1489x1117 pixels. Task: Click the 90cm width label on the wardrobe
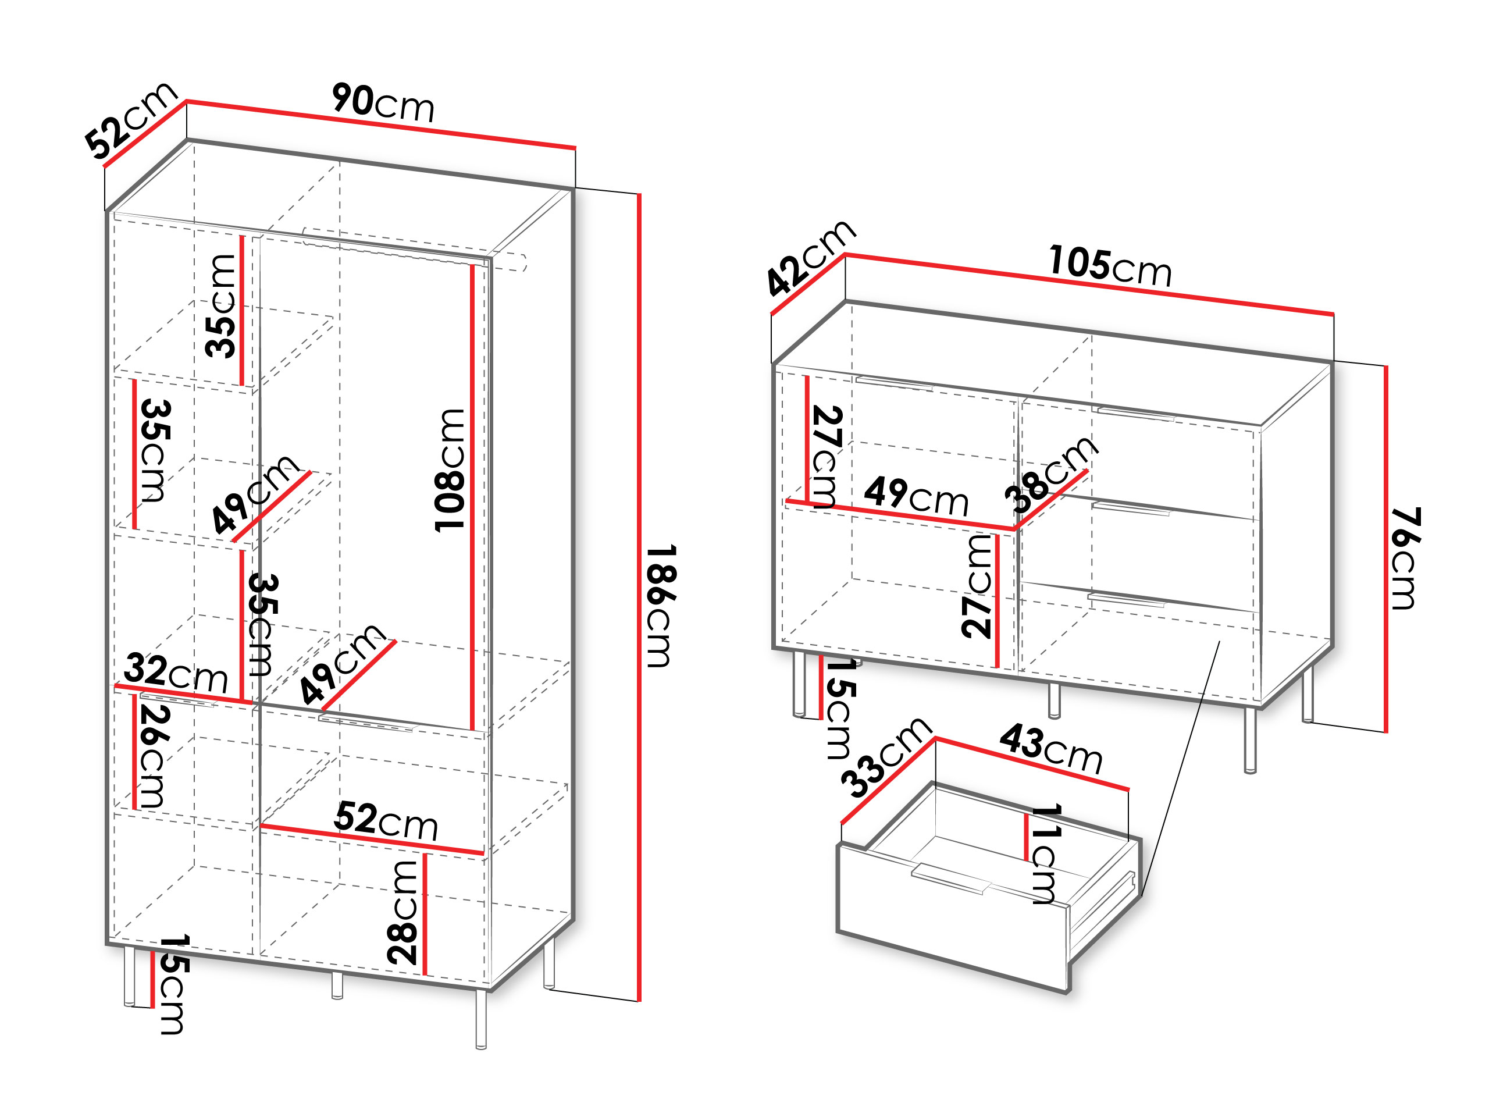(383, 103)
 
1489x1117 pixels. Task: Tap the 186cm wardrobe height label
(659, 606)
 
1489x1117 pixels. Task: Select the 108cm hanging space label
(450, 470)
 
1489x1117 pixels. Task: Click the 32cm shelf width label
(176, 672)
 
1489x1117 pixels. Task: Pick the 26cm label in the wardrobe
(153, 756)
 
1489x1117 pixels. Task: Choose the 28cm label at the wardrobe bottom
(402, 912)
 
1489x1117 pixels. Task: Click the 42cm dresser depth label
(811, 257)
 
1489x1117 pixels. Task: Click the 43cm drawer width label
(1052, 748)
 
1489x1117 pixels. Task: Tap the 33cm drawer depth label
(886, 757)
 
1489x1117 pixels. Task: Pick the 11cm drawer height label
(1045, 853)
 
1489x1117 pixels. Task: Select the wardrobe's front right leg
(480, 1019)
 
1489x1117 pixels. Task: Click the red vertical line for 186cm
(639, 597)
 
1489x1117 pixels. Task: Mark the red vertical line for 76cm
(1386, 549)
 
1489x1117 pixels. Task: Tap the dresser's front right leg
(1250, 740)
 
